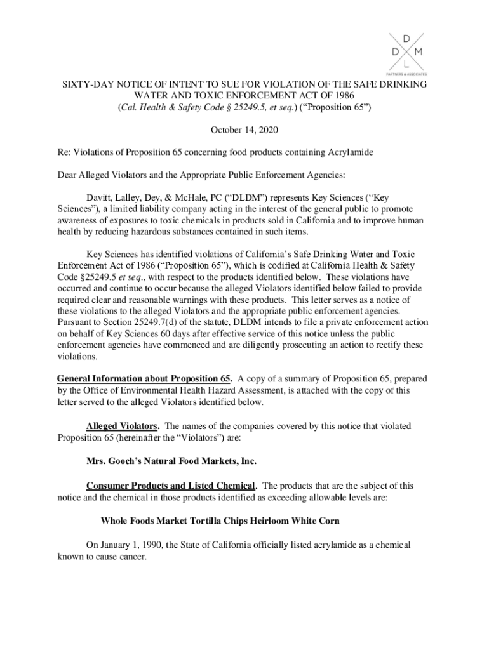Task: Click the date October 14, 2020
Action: (244, 129)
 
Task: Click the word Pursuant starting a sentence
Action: (76, 322)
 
